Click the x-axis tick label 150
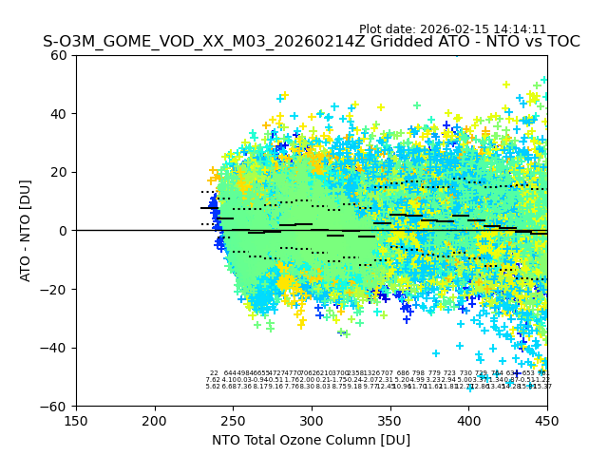point(76,420)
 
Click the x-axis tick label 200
point(155,420)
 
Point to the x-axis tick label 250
point(233,420)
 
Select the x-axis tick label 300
point(312,420)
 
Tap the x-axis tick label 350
point(390,420)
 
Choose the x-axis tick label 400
point(468,420)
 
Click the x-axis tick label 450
point(547,420)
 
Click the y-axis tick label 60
point(59,55)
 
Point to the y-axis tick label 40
point(59,114)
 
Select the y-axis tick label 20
point(59,172)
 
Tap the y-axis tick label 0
point(63,231)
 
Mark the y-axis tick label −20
point(55,289)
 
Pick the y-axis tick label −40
point(55,348)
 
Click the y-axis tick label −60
point(55,407)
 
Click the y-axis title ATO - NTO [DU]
point(27,231)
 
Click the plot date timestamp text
point(452,29)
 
